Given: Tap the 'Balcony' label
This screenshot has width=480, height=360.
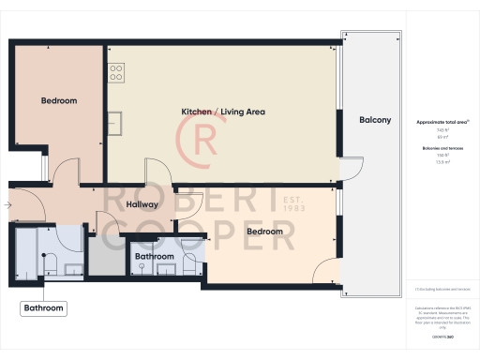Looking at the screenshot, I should tap(375, 121).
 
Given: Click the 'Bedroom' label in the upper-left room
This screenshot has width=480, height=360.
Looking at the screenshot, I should tap(58, 100).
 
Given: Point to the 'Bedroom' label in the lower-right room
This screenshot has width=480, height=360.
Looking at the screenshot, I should tap(264, 231).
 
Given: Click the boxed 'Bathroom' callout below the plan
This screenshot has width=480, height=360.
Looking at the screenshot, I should tap(44, 307).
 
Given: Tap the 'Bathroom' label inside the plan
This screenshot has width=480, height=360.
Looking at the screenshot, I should tap(154, 256).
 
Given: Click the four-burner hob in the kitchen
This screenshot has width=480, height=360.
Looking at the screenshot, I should tap(115, 70).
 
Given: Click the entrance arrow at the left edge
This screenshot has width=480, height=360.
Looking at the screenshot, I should tap(8, 203).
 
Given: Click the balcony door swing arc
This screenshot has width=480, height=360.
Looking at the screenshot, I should tap(350, 169).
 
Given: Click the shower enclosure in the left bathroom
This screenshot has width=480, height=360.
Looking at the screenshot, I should tap(26, 253).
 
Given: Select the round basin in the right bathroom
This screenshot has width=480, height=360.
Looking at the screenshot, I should tap(141, 267).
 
